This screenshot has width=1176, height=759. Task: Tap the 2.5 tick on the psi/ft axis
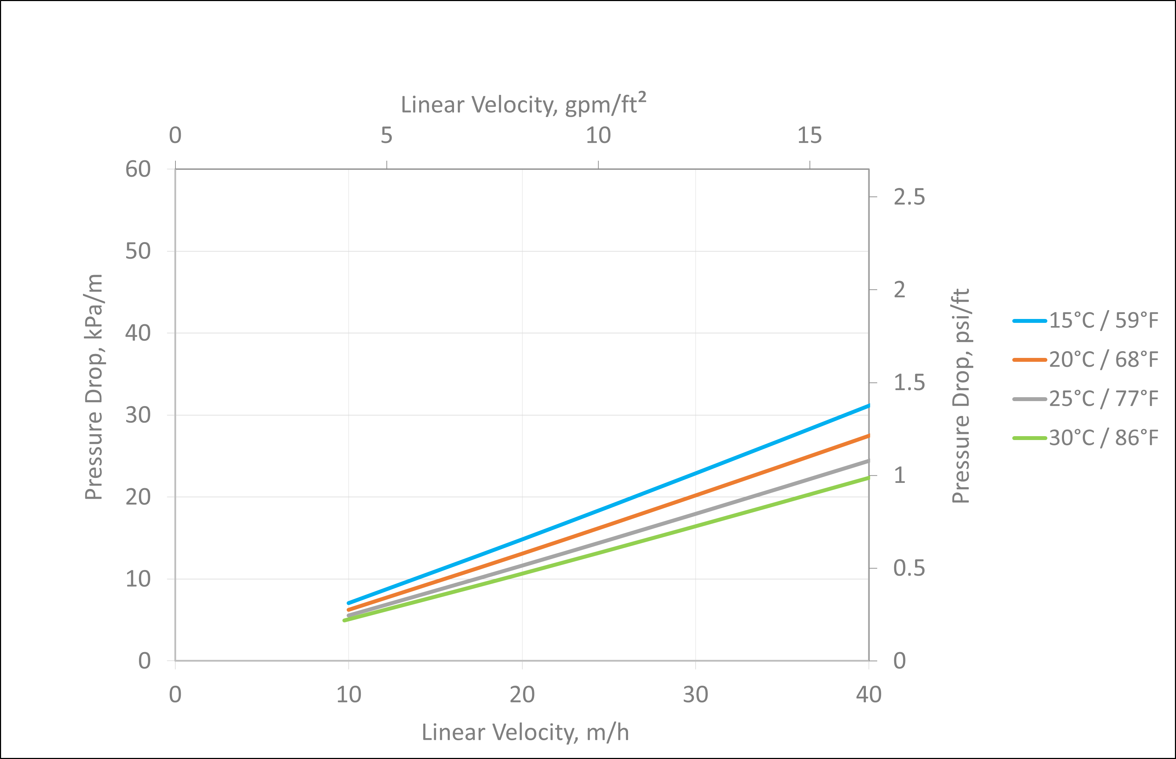[x=909, y=197]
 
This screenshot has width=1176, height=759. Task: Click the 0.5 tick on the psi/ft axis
[x=909, y=568]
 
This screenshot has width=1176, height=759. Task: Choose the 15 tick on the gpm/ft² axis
[x=810, y=135]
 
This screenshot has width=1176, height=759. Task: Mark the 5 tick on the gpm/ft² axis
[x=386, y=135]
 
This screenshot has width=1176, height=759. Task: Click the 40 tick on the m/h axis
[x=869, y=695]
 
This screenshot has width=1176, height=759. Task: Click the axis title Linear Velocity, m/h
[x=525, y=732]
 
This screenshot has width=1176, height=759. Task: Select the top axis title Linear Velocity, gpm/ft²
[x=523, y=104]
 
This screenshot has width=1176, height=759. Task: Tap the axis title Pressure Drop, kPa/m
[x=94, y=387]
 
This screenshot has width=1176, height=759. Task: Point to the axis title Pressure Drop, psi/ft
[x=961, y=396]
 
